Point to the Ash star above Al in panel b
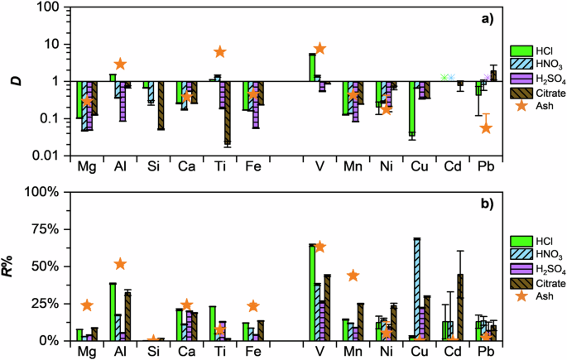(120, 264)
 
